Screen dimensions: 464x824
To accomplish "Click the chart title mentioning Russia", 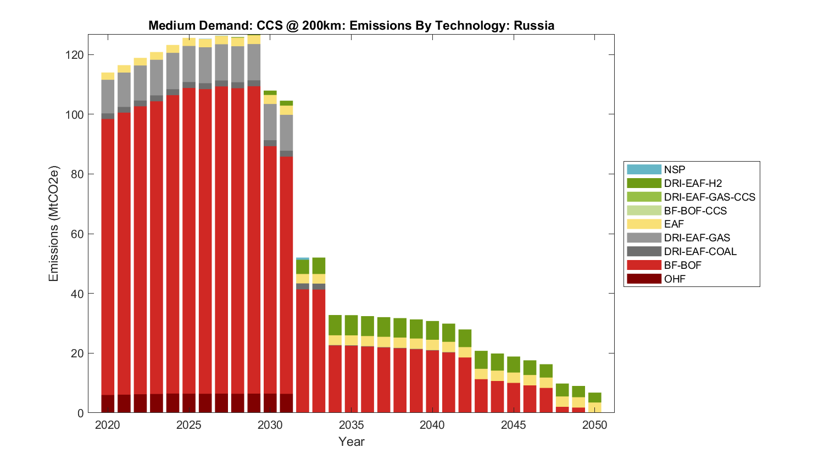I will click(x=351, y=25).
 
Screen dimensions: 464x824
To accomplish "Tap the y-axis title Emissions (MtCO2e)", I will click(x=53, y=224).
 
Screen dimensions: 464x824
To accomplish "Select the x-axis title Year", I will click(x=351, y=441).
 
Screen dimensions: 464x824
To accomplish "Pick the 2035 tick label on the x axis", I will click(x=351, y=425).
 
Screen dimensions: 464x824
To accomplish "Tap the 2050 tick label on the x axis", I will click(x=595, y=425).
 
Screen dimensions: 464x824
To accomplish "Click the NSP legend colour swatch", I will click(x=644, y=170).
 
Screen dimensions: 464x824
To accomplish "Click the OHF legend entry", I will click(x=675, y=279).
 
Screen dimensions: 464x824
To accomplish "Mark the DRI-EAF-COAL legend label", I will click(x=700, y=251).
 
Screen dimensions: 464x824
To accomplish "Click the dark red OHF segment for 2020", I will click(x=108, y=404).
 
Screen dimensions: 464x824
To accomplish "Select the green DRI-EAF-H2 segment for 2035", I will click(x=351, y=325).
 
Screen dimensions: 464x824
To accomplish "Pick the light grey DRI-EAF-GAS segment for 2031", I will click(x=286, y=132).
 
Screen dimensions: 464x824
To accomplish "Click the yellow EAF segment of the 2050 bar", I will click(x=595, y=407).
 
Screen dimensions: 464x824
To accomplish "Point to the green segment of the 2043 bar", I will click(x=481, y=360).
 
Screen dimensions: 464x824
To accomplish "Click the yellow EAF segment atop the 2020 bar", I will click(x=108, y=76).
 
